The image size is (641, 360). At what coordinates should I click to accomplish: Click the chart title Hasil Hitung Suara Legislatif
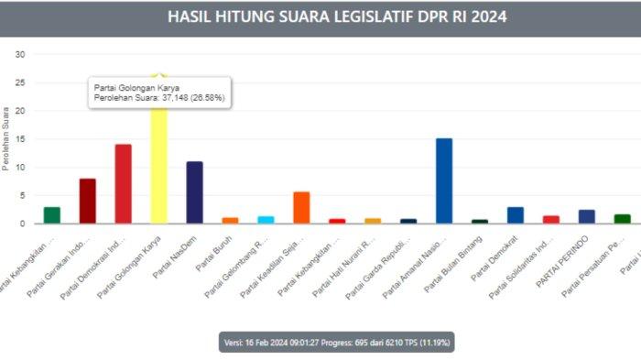click(337, 17)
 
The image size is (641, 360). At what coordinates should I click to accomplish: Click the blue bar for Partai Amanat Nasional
click(444, 180)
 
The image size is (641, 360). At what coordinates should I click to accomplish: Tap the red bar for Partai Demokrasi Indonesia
click(123, 184)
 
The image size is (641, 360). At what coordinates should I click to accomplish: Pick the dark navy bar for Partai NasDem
click(194, 192)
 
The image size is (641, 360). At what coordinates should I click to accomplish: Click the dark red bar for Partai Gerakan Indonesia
click(88, 201)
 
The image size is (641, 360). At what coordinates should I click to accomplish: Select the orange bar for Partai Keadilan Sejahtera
click(301, 207)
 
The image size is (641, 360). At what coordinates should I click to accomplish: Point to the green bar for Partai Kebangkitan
click(52, 215)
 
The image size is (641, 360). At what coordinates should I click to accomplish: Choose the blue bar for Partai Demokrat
click(516, 215)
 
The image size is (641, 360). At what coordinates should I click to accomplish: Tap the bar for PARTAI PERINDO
click(587, 216)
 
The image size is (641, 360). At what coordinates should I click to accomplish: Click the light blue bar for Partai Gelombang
click(266, 220)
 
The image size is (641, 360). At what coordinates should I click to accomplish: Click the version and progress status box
click(336, 343)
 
